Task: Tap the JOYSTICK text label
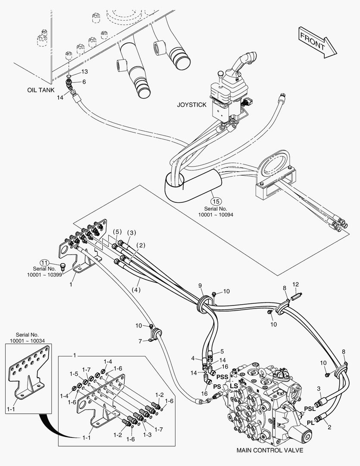[192, 104]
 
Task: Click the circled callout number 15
[216, 201]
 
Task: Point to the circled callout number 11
[44, 262]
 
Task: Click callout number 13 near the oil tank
[85, 71]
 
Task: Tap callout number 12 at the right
[295, 284]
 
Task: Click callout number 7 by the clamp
[141, 341]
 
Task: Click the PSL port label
[310, 408]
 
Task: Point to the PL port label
[311, 422]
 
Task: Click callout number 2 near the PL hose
[329, 428]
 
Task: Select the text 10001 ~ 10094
[216, 214]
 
